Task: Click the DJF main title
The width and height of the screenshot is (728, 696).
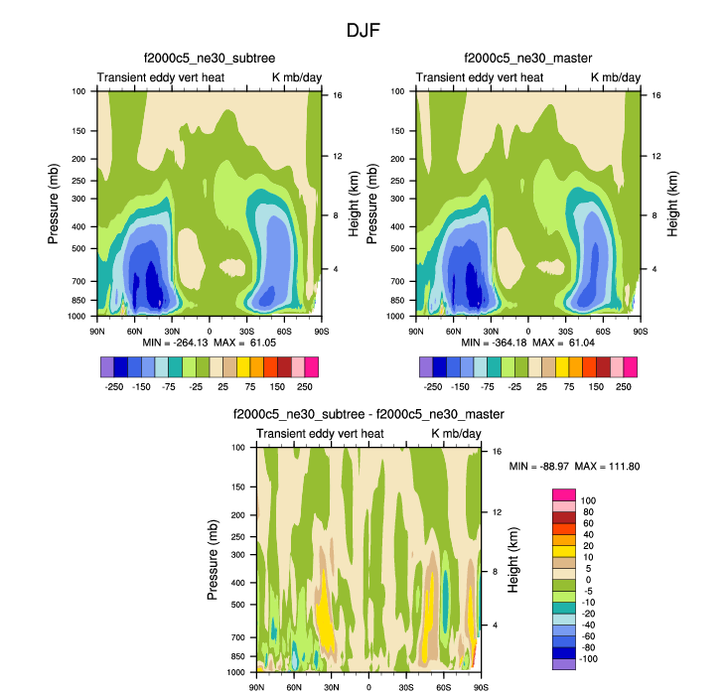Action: (364, 30)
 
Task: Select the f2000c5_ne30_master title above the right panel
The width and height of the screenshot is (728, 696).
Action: (528, 59)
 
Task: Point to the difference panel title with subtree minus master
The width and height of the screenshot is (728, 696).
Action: (368, 414)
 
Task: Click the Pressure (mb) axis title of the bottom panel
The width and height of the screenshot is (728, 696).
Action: (214, 560)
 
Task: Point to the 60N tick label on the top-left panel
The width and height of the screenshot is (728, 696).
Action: (134, 331)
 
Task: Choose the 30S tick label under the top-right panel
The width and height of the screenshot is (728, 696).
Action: (566, 331)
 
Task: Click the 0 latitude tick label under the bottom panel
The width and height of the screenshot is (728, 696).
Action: (369, 687)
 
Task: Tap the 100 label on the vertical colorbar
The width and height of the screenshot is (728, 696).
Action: (588, 500)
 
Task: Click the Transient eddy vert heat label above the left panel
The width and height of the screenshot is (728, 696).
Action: (161, 77)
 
